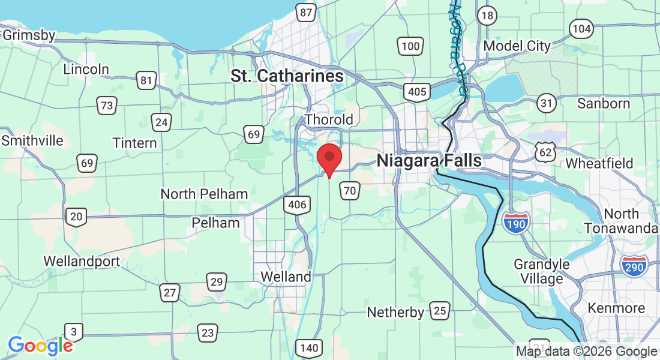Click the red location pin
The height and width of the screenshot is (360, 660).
coord(329,158)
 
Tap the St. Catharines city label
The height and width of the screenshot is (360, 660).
coord(287,76)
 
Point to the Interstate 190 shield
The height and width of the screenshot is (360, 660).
coord(515,223)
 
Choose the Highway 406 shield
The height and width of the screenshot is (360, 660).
coord(297,205)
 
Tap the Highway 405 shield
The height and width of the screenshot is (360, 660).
coord(416,92)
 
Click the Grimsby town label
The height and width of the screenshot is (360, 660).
coord(29,35)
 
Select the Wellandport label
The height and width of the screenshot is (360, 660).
coord(82,262)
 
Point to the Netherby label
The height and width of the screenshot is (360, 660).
coord(395,312)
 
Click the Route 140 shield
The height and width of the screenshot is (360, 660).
coord(310,347)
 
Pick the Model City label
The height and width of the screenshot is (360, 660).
coord(517,46)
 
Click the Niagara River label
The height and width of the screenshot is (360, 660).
coord(457,48)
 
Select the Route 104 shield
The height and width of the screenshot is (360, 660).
coord(581,28)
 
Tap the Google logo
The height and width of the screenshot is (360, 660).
coord(40,346)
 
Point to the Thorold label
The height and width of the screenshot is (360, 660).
coord(329,119)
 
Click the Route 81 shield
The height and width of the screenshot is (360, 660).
coord(146,80)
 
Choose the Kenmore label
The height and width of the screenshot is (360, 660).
coord(616,308)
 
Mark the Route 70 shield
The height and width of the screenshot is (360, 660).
coord(350,191)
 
